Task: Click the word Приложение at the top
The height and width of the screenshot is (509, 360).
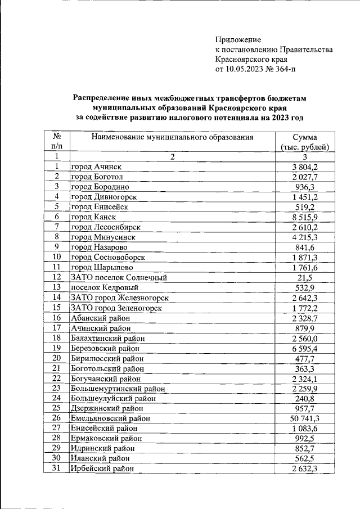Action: click(238, 39)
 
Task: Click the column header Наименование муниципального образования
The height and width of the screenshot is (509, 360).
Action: click(172, 137)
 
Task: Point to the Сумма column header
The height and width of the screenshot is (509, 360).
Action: click(304, 137)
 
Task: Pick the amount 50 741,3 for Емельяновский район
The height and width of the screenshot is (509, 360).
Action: click(304, 418)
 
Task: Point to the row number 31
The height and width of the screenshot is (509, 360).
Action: click(56, 468)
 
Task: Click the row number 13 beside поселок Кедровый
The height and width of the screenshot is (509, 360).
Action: click(56, 287)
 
